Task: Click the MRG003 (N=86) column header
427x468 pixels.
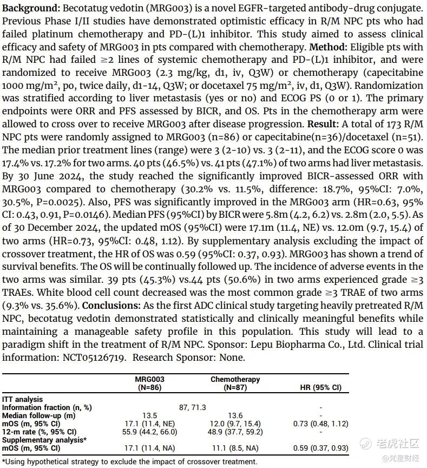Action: (x=149, y=383)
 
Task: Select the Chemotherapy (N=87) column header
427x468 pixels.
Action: (x=235, y=383)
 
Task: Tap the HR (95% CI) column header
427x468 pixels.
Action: (x=320, y=387)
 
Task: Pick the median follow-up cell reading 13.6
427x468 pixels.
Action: (x=235, y=415)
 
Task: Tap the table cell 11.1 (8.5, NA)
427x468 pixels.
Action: (x=235, y=448)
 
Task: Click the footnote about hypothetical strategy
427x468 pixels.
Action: (x=129, y=461)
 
